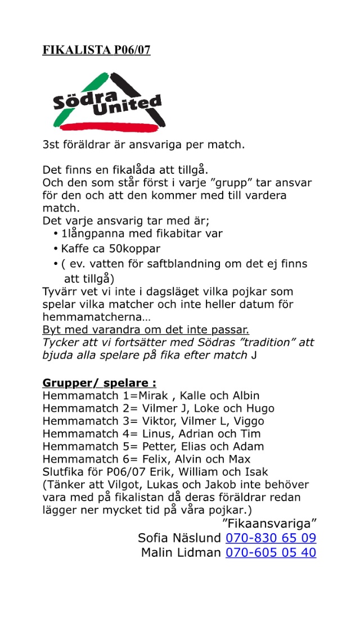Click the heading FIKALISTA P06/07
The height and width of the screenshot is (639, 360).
pos(96,51)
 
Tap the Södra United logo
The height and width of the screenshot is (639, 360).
pos(107,102)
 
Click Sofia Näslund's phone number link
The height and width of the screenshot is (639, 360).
pos(271,538)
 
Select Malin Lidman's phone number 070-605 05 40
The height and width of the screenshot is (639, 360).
pos(271,553)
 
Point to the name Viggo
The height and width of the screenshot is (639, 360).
pos(248,421)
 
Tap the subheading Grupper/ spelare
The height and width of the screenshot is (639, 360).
pos(99,383)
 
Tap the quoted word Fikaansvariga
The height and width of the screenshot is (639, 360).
pos(265,523)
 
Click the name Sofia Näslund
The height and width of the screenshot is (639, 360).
pos(179,538)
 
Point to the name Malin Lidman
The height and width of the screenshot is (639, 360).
pos(181,553)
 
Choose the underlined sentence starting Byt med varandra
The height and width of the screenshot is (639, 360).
pos(146,330)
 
